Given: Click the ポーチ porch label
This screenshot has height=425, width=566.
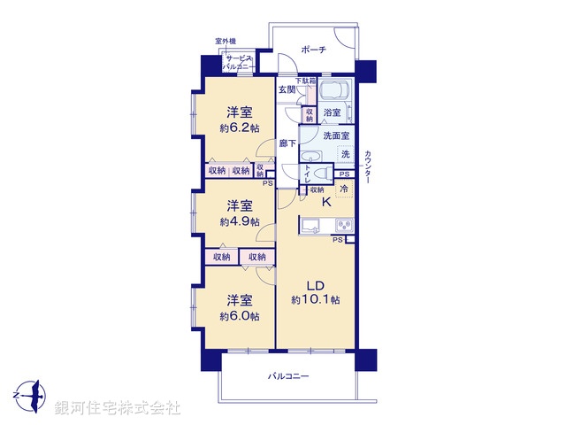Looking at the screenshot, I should [x=313, y=50].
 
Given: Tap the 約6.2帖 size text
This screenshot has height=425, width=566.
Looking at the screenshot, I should [x=240, y=128].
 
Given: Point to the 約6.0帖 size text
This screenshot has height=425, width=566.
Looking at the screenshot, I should [x=240, y=316].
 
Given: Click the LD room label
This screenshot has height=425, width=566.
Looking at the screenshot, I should [x=316, y=285].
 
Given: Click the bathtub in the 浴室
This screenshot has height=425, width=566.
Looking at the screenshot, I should [x=333, y=93].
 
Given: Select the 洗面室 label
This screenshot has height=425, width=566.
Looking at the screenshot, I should [x=336, y=136].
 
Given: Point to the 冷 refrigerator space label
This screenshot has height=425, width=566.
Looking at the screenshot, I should [x=344, y=189].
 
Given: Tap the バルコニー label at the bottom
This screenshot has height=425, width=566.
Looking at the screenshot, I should [x=289, y=376].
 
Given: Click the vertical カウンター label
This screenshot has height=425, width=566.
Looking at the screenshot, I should [x=367, y=167].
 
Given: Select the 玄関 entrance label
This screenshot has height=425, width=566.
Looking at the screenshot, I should [x=287, y=89].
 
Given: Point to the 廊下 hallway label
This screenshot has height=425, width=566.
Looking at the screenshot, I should [x=287, y=143].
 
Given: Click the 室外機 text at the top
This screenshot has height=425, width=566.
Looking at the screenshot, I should [x=226, y=42].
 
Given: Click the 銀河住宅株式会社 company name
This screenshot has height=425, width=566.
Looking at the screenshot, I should [x=118, y=408].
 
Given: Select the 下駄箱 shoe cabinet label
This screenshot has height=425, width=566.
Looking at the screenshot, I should [x=305, y=81].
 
